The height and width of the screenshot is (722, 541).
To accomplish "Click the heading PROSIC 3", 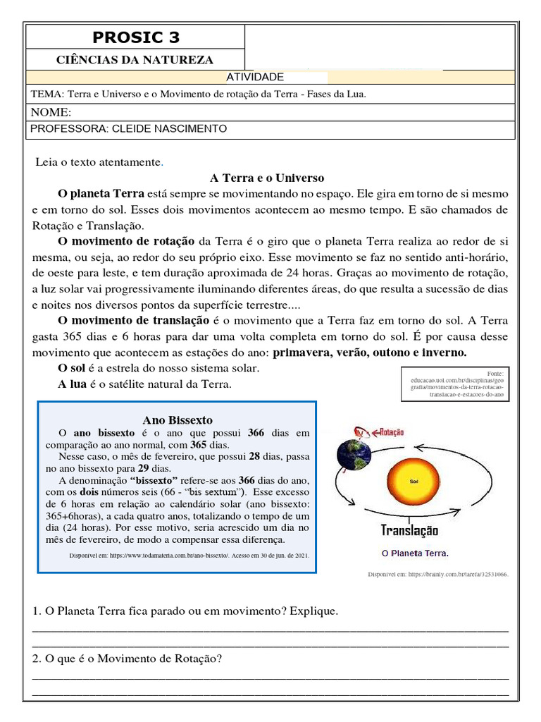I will tap(135, 37).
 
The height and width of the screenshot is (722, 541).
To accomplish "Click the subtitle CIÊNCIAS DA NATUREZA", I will tap(135, 60).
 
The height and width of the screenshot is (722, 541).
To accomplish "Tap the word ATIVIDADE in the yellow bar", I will tap(254, 77).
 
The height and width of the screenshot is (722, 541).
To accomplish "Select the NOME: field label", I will tap(51, 113).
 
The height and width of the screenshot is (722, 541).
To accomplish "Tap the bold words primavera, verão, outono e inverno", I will tap(370, 353).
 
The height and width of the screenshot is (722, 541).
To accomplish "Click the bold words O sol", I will tap(72, 368).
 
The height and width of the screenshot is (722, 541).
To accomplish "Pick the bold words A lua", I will tap(72, 384).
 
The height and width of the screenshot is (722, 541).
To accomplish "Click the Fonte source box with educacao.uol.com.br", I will tap(455, 384).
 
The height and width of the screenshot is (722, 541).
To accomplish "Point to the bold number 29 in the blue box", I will tap(144, 467).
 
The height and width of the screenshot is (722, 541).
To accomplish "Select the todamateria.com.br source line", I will tap(189, 556).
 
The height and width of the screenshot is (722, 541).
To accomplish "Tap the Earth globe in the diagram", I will tap(354, 455).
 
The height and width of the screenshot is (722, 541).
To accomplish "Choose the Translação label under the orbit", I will tap(409, 530).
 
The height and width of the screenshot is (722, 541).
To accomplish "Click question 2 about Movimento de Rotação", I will tap(128, 659).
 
